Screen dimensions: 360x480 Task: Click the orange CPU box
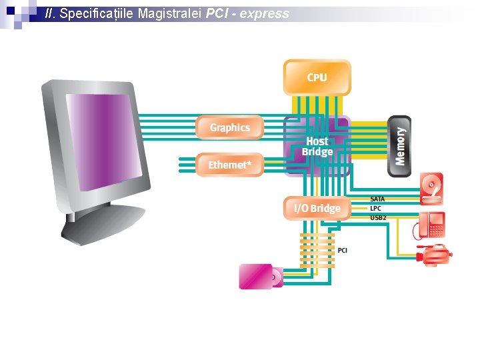coord(317,77)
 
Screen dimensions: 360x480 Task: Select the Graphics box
coord(230,127)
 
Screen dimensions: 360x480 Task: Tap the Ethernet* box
coord(230,165)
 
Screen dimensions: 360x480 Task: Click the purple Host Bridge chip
coord(317,147)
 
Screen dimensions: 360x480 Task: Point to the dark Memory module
coord(399,146)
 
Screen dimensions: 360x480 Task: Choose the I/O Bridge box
coord(317,209)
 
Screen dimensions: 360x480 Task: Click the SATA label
coord(377,199)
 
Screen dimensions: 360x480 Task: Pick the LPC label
coord(375,209)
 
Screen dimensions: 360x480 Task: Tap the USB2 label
coord(377,218)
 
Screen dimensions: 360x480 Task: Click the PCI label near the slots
coord(342,250)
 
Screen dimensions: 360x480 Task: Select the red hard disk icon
coord(431,189)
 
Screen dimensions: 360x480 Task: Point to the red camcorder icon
coord(435,255)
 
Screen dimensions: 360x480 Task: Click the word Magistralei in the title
coord(169,13)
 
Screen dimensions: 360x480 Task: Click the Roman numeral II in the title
coord(49,13)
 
